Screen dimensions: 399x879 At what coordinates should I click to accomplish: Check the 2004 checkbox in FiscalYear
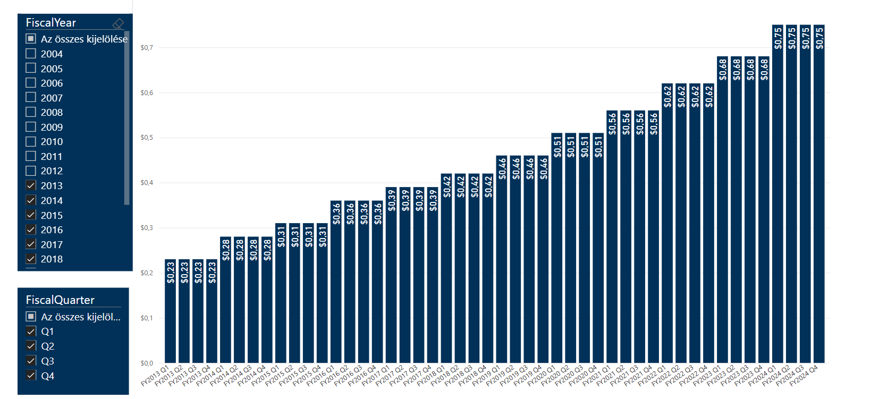coord(31,54)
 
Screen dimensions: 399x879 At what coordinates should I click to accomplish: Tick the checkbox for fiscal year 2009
coord(31,127)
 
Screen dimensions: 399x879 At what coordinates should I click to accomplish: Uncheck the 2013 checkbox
coord(31,185)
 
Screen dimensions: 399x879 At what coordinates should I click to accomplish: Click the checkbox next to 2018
coord(31,259)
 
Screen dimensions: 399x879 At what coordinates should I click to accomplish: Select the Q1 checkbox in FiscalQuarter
coord(31,332)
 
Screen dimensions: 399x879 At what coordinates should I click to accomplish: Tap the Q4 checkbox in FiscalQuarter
coord(31,376)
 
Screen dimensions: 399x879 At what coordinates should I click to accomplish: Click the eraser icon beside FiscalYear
coord(118,23)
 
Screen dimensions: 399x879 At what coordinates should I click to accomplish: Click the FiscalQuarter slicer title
coord(60,300)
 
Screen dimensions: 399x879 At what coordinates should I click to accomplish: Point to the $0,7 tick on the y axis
coord(147,48)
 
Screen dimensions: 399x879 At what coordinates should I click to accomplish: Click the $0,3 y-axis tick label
coord(147,228)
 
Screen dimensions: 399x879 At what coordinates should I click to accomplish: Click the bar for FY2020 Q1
coord(556,255)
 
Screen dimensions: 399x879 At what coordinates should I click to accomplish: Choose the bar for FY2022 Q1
coord(667,228)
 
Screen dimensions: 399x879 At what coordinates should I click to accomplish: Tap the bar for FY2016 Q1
coord(336,287)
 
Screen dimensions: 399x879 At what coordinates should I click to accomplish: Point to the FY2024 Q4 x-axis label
coord(805,375)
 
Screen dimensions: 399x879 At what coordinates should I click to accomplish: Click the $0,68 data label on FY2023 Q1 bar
coord(723,70)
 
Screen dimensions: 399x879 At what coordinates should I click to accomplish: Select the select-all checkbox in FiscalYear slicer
coord(31,39)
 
